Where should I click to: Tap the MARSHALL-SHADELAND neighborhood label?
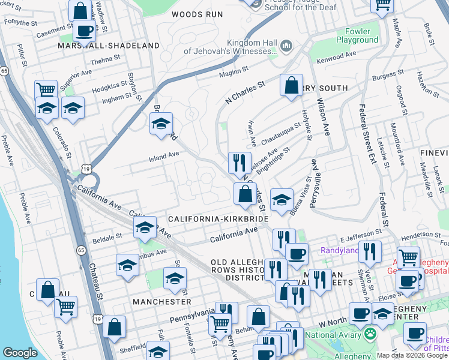(109, 46)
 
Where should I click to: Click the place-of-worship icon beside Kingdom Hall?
(286, 46)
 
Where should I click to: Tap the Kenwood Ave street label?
(334, 58)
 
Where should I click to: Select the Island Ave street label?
(164, 160)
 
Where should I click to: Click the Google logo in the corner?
(20, 353)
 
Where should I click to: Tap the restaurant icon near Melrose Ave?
(239, 162)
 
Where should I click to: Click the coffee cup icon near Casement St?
(83, 31)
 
